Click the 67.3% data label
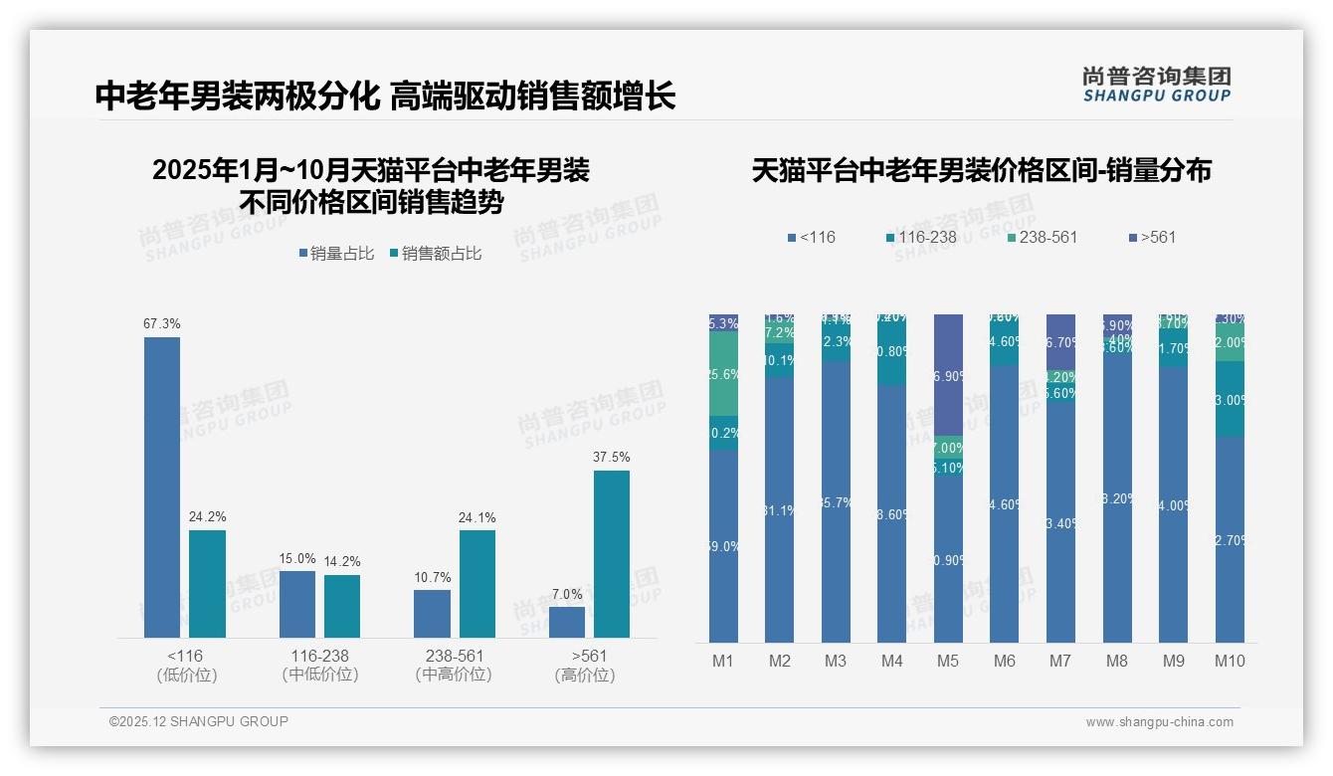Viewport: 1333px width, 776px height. (162, 324)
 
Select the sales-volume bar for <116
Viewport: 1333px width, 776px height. (162, 487)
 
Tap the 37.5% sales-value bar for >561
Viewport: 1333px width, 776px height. (612, 554)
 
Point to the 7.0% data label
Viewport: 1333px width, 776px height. (567, 594)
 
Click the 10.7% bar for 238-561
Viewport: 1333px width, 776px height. (432, 614)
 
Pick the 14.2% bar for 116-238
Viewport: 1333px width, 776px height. (342, 606)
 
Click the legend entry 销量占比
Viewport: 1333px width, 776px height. (336, 254)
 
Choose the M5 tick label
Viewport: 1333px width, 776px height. (948, 661)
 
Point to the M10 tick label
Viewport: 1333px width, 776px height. (1230, 661)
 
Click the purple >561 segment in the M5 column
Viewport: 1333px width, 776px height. (948, 375)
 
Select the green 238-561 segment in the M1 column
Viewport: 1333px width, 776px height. (723, 374)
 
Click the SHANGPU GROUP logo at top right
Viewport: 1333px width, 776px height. (1156, 84)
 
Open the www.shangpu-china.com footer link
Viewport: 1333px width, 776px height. (1159, 722)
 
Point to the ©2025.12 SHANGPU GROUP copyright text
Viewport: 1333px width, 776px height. (199, 721)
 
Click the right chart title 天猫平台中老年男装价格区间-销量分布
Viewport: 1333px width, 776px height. (981, 170)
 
